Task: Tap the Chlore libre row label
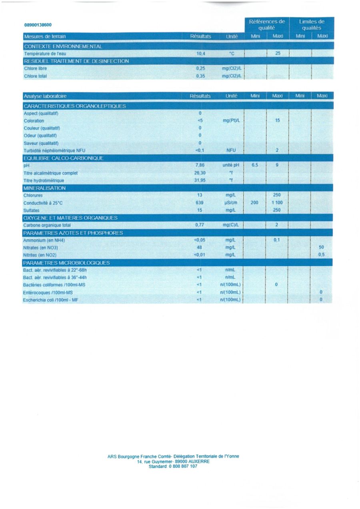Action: click(35, 68)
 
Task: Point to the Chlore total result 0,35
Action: click(200, 76)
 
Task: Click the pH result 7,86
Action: click(200, 166)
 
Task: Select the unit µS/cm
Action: click(232, 203)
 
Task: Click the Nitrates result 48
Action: click(200, 248)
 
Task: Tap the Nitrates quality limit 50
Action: click(321, 248)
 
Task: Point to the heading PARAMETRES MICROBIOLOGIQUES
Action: click(66, 263)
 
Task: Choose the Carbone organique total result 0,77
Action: click(200, 225)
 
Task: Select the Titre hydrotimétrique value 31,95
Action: click(200, 180)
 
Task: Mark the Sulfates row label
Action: click(32, 210)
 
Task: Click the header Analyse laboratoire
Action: click(45, 96)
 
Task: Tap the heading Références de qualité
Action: click(267, 25)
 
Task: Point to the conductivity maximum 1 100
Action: click(277, 203)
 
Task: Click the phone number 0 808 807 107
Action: click(182, 466)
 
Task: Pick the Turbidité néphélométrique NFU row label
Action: click(55, 151)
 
